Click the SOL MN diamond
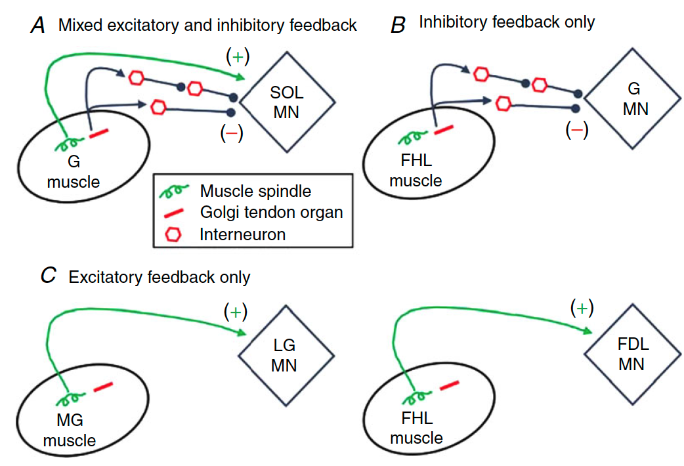point(287,102)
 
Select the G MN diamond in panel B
point(635,98)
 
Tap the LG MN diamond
point(284,355)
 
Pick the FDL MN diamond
point(631,354)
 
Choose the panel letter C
point(48,276)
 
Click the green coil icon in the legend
point(175,191)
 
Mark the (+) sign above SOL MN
point(237,58)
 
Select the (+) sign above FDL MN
point(582,307)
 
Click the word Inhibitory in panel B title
point(450,22)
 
